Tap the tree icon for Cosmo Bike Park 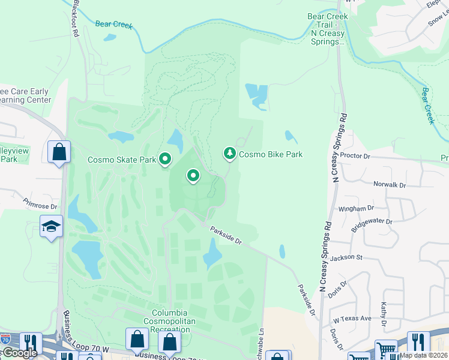pos(229,154)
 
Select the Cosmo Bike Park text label pos(270,154)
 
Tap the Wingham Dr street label pos(356,208)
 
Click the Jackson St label pos(346,257)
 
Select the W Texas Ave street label pos(352,319)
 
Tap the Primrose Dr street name pos(41,206)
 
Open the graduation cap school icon pos(52,227)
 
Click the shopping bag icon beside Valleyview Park pos(59,152)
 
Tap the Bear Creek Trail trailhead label pos(328,29)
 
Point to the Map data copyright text pos(424,355)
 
